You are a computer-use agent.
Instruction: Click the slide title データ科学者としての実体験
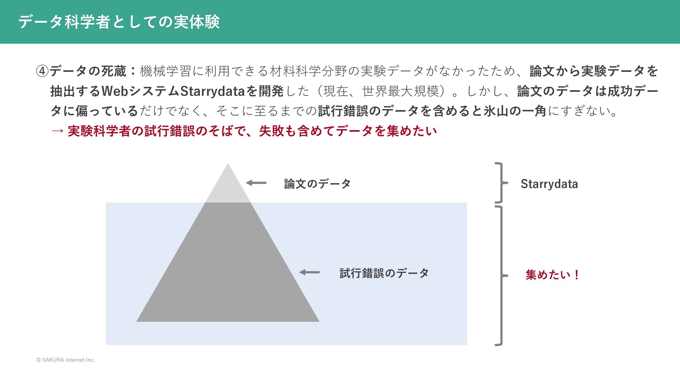tap(119, 22)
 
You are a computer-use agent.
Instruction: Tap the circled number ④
tap(42, 71)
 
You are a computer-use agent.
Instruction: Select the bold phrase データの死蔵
tap(88, 71)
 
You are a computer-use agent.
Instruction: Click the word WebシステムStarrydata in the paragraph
tap(173, 91)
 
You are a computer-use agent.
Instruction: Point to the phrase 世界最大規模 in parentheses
tap(400, 91)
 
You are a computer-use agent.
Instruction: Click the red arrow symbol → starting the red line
tap(57, 131)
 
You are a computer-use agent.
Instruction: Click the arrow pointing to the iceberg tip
tap(256, 183)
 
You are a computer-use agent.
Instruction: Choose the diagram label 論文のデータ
tap(317, 184)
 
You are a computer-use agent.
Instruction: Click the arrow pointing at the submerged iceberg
tap(310, 272)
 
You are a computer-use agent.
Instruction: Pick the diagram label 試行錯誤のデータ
tap(384, 273)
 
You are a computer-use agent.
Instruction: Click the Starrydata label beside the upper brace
tap(549, 184)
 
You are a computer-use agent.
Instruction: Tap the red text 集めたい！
tap(552, 275)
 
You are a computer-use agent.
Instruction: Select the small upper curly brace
tap(500, 183)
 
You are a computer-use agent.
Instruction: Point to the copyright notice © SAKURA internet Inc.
tap(66, 360)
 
